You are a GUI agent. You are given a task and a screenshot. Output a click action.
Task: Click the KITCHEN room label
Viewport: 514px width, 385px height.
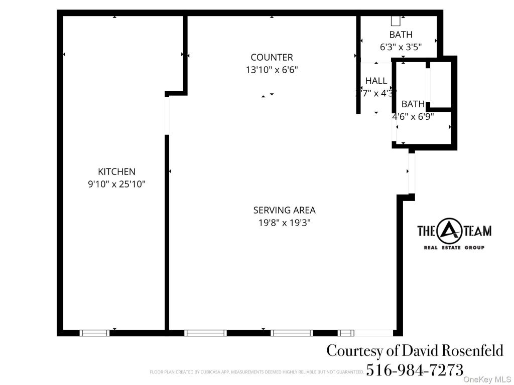click(x=116, y=171)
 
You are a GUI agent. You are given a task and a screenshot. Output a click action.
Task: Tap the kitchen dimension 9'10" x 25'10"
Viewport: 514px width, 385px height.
click(x=116, y=184)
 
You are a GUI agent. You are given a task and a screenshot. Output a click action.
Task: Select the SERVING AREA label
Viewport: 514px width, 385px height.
click(x=284, y=211)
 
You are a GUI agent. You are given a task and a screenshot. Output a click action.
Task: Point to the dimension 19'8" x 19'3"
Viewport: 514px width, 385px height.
click(x=284, y=223)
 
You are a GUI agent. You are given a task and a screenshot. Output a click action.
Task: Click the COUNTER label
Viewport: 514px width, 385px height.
click(x=272, y=58)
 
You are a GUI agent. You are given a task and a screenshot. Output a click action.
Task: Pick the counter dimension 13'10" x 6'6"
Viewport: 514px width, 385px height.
click(x=272, y=70)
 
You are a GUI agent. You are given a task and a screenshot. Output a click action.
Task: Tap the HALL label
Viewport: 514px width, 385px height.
click(x=376, y=81)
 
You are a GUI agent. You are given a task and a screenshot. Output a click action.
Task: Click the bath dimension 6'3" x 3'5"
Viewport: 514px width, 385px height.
click(x=401, y=47)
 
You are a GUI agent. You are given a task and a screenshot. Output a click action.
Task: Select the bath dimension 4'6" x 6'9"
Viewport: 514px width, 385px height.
click(x=413, y=116)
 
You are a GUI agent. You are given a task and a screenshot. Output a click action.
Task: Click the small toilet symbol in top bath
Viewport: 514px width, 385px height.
click(x=396, y=21)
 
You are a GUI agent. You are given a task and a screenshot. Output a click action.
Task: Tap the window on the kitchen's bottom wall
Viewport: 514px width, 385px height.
click(x=94, y=333)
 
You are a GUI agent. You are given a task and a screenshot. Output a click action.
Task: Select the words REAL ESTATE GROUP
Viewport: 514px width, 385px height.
click(x=454, y=248)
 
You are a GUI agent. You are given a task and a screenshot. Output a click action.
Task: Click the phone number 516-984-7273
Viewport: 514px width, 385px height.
click(x=415, y=370)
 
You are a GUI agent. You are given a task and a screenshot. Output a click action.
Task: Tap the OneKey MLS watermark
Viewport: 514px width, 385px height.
click(x=486, y=379)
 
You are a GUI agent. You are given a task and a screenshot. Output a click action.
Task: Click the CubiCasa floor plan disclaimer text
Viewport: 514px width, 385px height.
click(x=256, y=372)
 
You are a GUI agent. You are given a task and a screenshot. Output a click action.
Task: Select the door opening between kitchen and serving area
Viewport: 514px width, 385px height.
click(x=167, y=115)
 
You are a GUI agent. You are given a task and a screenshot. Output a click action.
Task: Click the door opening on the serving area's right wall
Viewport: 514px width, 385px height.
click(x=412, y=173)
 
